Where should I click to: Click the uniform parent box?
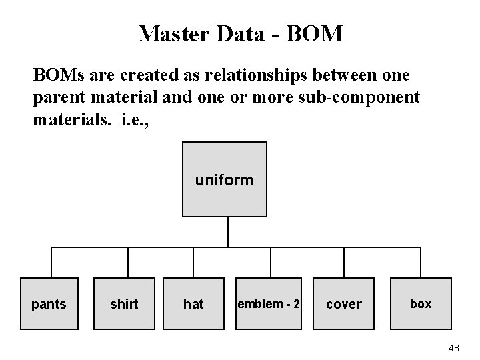(x=225, y=179)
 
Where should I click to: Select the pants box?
(x=49, y=304)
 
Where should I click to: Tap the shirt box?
(x=124, y=304)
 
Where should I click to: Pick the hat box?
(x=193, y=304)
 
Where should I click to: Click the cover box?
(x=343, y=304)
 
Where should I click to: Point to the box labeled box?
(x=421, y=304)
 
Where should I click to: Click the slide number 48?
(x=455, y=348)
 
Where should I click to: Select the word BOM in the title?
(x=316, y=33)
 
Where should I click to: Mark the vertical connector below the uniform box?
(x=228, y=232)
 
